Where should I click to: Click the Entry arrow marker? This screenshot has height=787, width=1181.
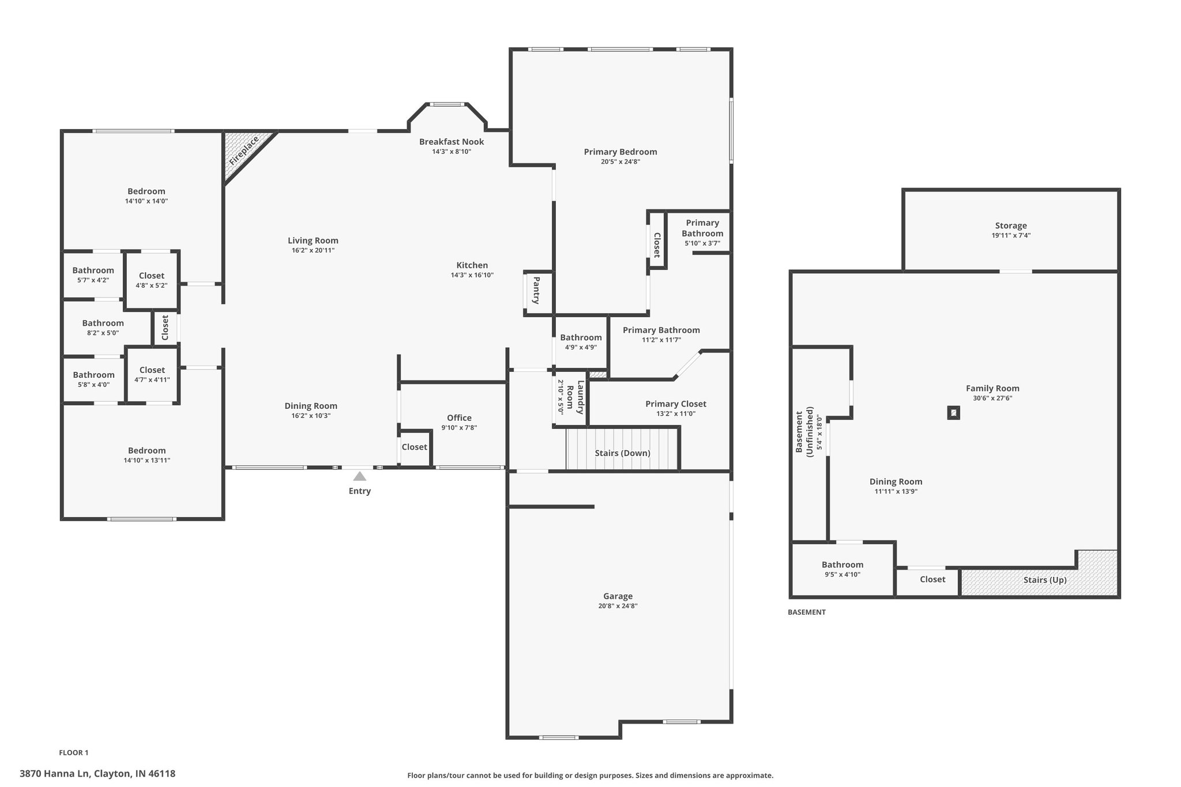click(360, 476)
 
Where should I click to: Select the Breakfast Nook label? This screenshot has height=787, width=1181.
click(452, 142)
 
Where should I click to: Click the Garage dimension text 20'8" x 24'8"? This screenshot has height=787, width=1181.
click(618, 606)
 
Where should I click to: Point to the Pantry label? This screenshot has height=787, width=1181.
click(536, 291)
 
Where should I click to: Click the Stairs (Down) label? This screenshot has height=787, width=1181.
click(623, 453)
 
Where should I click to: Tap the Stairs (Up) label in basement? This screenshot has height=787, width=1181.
click(1045, 580)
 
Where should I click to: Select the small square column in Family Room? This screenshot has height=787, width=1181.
click(954, 413)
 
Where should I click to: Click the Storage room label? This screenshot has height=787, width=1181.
click(1011, 226)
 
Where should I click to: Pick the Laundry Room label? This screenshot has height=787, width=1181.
click(576, 397)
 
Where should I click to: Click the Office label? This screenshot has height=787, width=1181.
click(459, 418)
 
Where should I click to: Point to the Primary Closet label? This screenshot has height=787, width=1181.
click(676, 404)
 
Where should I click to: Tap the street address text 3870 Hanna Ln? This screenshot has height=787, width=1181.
click(54, 774)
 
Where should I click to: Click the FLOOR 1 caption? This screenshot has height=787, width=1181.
click(74, 752)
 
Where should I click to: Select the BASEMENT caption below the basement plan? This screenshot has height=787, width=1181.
click(807, 612)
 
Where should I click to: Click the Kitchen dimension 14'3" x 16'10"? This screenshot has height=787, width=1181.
click(472, 275)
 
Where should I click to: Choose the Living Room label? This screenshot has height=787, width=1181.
click(313, 241)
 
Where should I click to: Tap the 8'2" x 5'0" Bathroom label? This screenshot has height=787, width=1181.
click(103, 323)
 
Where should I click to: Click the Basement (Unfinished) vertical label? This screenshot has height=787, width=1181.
click(804, 432)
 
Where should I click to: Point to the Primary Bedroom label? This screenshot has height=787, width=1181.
click(620, 152)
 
